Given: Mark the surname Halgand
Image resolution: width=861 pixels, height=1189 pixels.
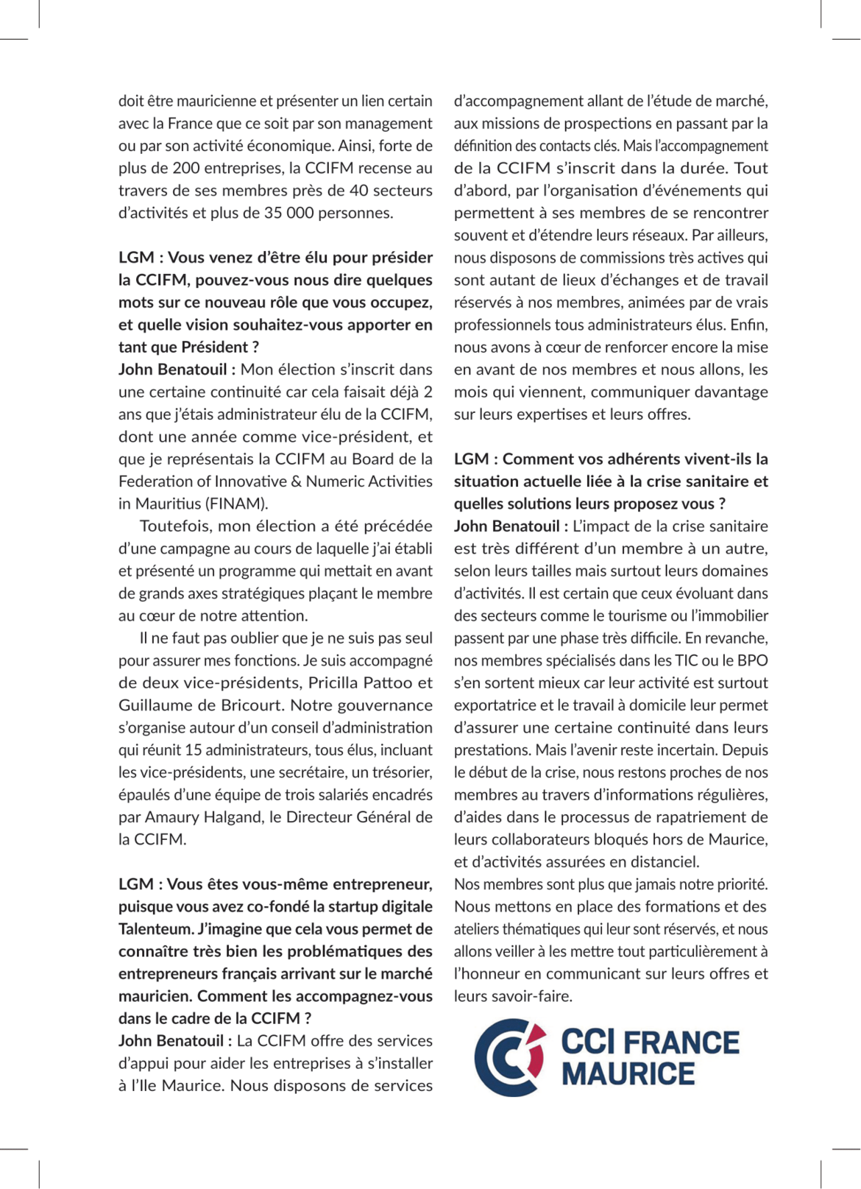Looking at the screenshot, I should (x=233, y=817).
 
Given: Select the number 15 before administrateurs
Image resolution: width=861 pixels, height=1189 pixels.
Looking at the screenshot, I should (x=194, y=750).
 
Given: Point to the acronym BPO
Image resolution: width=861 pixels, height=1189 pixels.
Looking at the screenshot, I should (x=752, y=661).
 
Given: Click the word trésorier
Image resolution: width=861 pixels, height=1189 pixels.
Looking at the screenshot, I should (x=403, y=772).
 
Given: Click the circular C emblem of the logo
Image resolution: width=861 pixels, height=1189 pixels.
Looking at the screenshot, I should (x=509, y=1057).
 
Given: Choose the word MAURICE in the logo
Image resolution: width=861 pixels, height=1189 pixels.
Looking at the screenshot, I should (x=628, y=1074).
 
